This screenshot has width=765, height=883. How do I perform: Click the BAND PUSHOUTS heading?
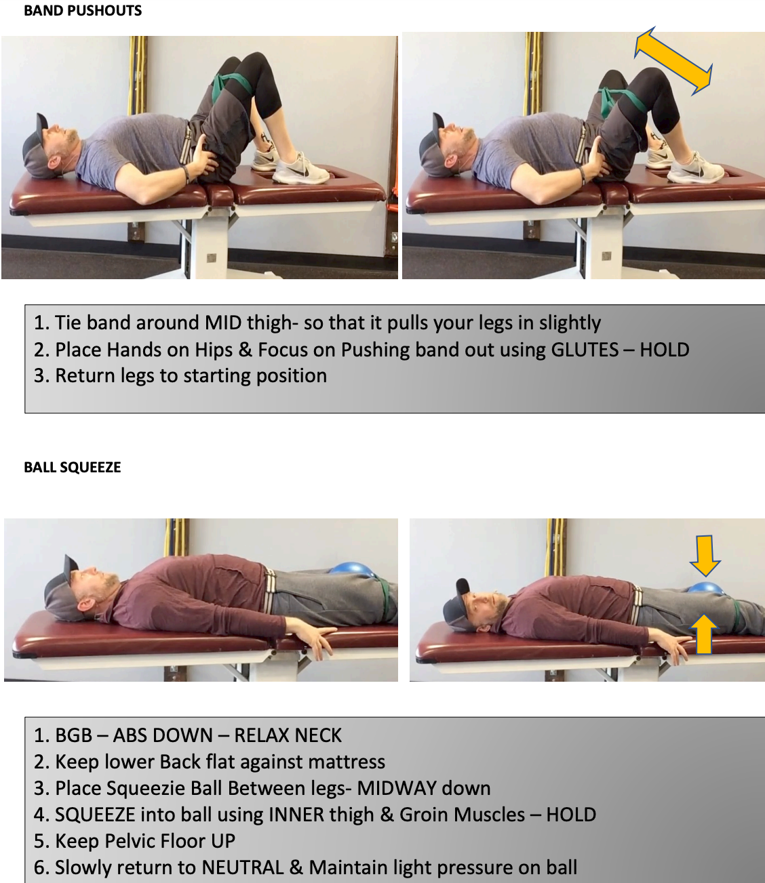(83, 11)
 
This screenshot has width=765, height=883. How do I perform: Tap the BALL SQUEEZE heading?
(73, 468)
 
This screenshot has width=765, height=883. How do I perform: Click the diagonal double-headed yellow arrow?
(673, 61)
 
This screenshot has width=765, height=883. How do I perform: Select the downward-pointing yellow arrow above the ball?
(705, 555)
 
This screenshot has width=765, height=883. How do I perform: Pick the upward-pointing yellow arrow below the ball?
(704, 634)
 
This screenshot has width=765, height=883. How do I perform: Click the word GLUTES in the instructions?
(585, 350)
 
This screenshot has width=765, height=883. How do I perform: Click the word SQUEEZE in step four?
(95, 815)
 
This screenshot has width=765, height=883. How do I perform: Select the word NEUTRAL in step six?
(243, 867)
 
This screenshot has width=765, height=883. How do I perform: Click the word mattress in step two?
(347, 762)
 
